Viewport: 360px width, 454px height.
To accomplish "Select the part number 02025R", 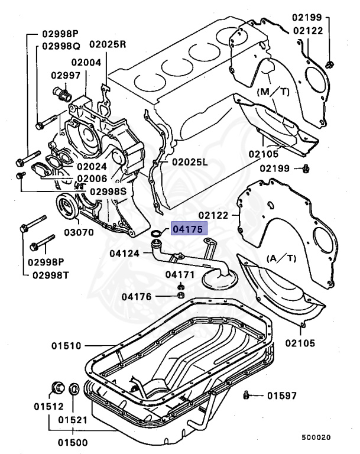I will coord(108,44).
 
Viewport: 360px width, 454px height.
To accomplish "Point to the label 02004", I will coord(86,61).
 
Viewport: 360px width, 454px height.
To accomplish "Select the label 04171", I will coord(179,274).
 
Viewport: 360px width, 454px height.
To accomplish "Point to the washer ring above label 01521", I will coord(73,390).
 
